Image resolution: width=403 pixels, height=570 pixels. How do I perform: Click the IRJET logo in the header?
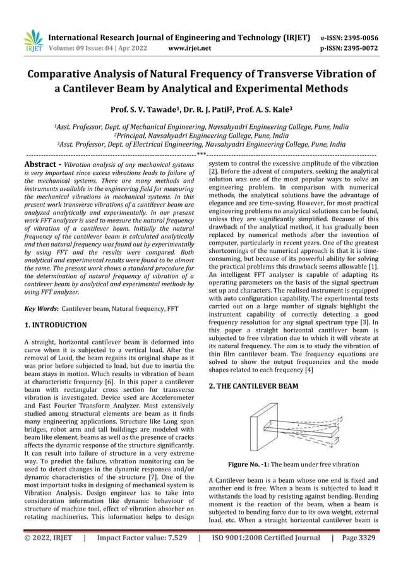click(33, 40)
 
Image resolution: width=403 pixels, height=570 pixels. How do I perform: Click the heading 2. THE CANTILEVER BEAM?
click(253, 385)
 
